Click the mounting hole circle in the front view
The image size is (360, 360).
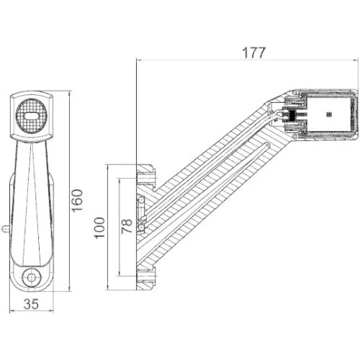[32, 277]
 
